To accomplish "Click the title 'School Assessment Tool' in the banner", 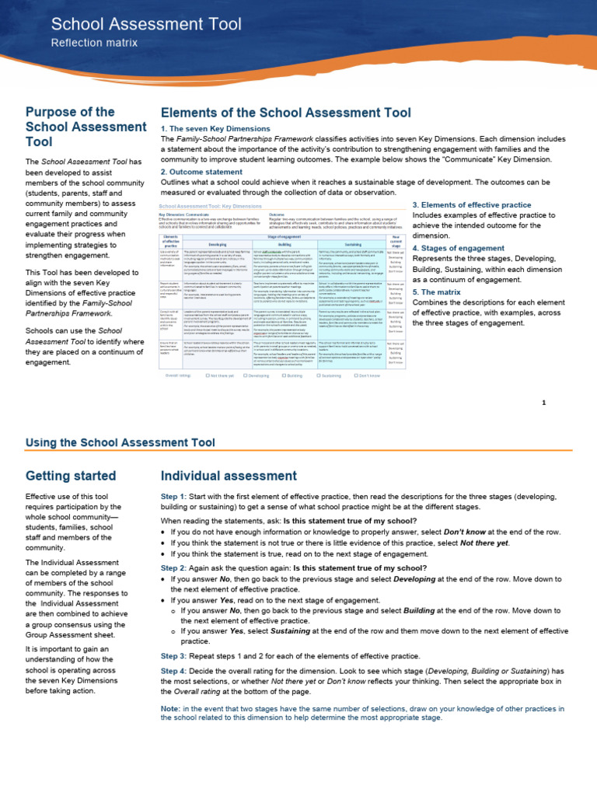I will pos(146,24).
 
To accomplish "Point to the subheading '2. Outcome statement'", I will pos(201,172).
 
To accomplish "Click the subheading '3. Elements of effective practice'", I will pos(477,204).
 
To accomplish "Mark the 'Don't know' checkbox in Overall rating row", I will pos(354,375).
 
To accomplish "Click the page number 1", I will pos(544,402).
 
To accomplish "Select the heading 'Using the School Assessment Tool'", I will pos(120,443).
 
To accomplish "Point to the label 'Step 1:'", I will pos(173,495).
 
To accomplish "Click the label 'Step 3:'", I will pos(173,656).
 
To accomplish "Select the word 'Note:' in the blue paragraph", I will pos(169,709).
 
